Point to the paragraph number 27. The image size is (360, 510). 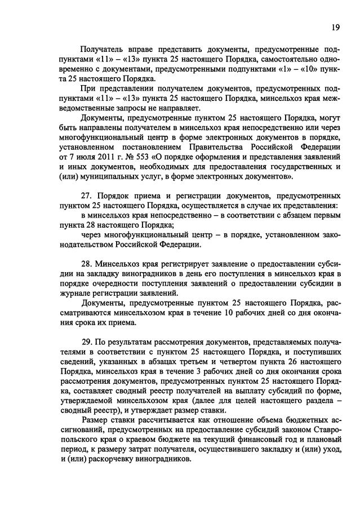(87, 196)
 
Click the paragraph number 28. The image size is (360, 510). (87, 263)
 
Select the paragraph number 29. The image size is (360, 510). (87, 342)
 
